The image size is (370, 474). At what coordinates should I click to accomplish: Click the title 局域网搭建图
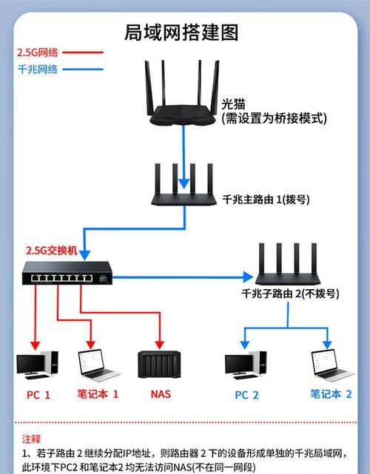pyautogui.click(x=181, y=33)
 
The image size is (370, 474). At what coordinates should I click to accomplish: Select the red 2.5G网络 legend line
pyautogui.click(x=83, y=53)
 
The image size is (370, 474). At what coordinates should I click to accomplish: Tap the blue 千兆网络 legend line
pyautogui.click(x=83, y=70)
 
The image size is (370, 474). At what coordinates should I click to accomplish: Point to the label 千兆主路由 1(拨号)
pyautogui.click(x=266, y=200)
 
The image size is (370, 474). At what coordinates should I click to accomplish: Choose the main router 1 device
pyautogui.click(x=184, y=185)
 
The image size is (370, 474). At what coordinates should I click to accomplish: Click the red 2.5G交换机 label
pyautogui.click(x=52, y=251)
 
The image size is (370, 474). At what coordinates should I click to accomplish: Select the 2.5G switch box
pyautogui.click(x=67, y=273)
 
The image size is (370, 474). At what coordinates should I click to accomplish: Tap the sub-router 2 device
pyautogui.click(x=288, y=264)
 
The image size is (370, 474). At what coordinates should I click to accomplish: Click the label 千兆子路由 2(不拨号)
pyautogui.click(x=290, y=294)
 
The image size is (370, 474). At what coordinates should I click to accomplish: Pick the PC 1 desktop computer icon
pyautogui.click(x=37, y=365)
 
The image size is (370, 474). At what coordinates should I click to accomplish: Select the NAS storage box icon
pyautogui.click(x=159, y=365)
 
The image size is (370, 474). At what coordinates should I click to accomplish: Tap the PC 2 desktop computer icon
pyautogui.click(x=246, y=365)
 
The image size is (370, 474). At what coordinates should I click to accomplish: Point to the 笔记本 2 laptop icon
pyautogui.click(x=332, y=365)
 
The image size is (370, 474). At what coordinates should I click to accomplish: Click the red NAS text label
pyautogui.click(x=161, y=394)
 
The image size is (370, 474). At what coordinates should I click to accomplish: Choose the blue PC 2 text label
pyautogui.click(x=246, y=395)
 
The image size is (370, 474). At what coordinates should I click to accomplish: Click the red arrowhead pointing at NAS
pyautogui.click(x=159, y=345)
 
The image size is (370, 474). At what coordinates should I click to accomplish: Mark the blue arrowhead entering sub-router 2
pyautogui.click(x=248, y=277)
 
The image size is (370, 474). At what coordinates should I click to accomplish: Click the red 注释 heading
pyautogui.click(x=31, y=439)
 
